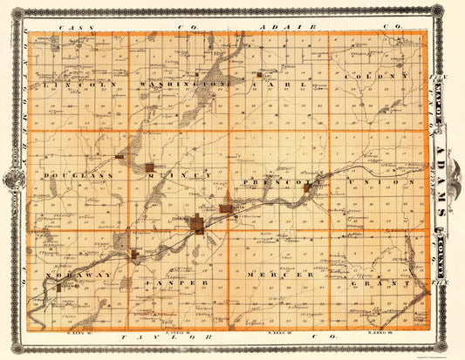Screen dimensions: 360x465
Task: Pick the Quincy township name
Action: (x=180, y=176)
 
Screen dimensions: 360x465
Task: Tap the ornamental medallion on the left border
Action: (x=13, y=180)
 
